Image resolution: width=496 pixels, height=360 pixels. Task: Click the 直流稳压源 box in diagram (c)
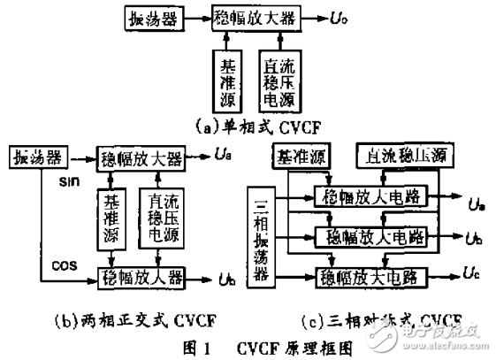coord(406,157)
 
